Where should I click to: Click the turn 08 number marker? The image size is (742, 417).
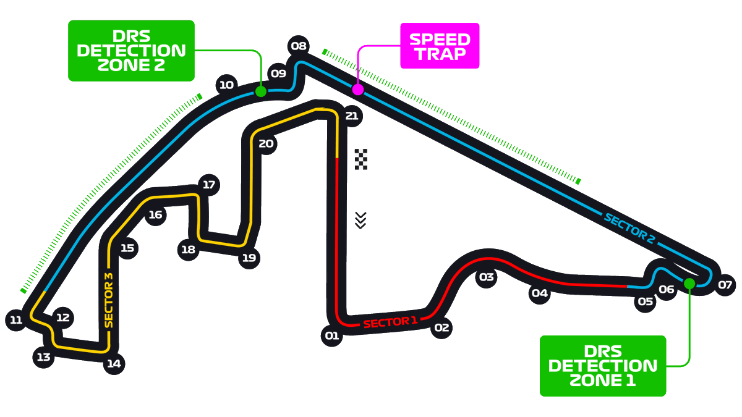point(299,46)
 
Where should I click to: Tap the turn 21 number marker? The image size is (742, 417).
point(352,116)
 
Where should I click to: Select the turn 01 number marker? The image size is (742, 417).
point(332,336)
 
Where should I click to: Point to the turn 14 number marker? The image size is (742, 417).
point(114,363)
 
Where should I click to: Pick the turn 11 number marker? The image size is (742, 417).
point(16,320)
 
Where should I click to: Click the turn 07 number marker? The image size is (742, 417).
point(725,285)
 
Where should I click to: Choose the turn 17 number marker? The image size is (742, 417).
point(209,185)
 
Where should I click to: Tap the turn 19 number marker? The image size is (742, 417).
point(249,258)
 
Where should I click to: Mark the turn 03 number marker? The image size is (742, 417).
point(487,277)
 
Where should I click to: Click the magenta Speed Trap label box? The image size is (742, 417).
point(440,46)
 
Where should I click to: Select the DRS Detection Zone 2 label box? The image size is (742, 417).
point(131,51)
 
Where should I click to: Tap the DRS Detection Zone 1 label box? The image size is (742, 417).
point(603,366)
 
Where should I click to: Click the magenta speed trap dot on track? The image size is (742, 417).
point(357,90)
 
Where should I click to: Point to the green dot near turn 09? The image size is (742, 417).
point(261,91)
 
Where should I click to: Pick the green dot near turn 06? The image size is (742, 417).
point(689,283)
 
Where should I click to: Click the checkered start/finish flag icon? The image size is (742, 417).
point(361,159)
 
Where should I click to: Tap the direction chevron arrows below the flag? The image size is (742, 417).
point(361,219)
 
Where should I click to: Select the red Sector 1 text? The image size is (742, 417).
point(390,322)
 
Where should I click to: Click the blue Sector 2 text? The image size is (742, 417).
point(629,228)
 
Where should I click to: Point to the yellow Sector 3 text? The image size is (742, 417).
point(109,300)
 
